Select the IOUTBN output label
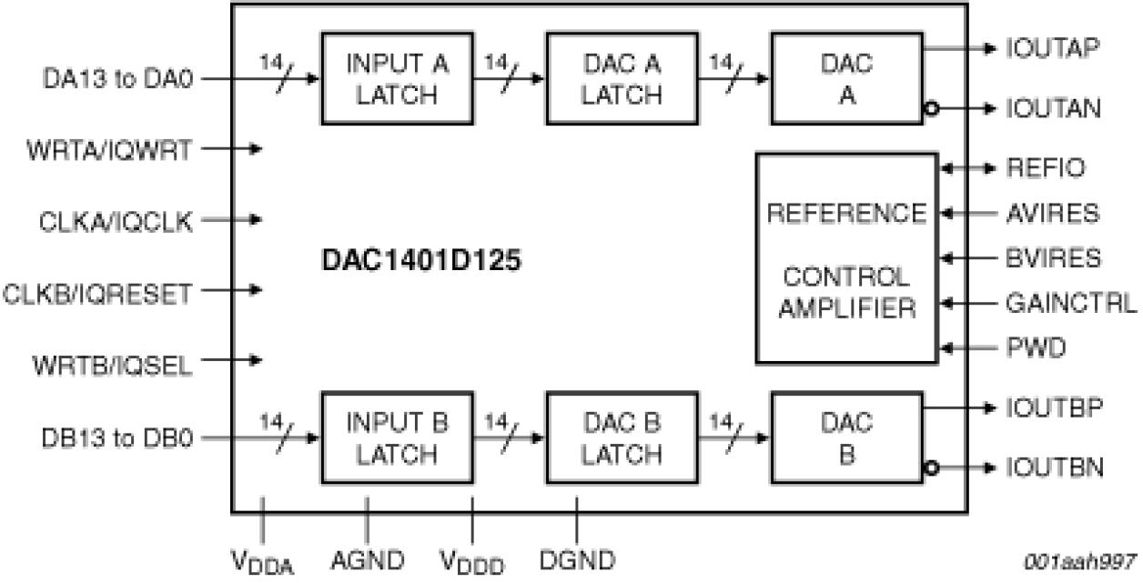[x=1057, y=469]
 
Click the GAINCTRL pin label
[x=1070, y=302]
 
